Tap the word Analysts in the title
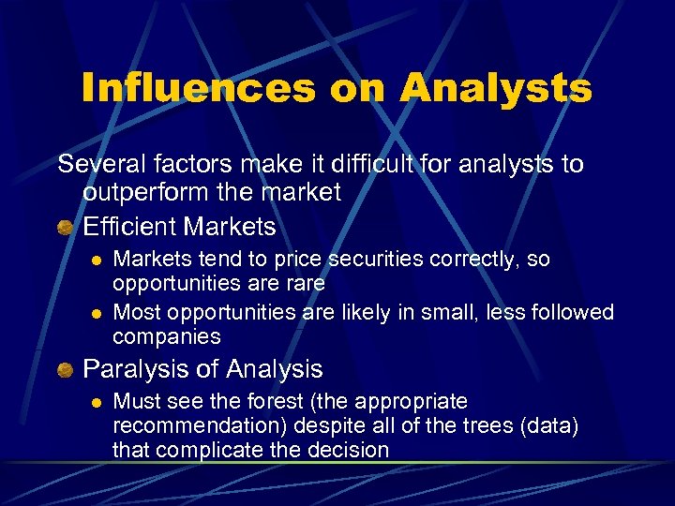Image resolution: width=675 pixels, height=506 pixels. click(x=496, y=88)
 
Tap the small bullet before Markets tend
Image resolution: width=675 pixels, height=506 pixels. click(x=95, y=260)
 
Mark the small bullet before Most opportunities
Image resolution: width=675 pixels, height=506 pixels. click(x=95, y=312)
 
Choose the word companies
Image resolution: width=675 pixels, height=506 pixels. click(x=166, y=335)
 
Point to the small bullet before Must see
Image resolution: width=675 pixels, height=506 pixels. click(x=95, y=402)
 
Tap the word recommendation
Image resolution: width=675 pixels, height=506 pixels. click(x=197, y=425)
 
